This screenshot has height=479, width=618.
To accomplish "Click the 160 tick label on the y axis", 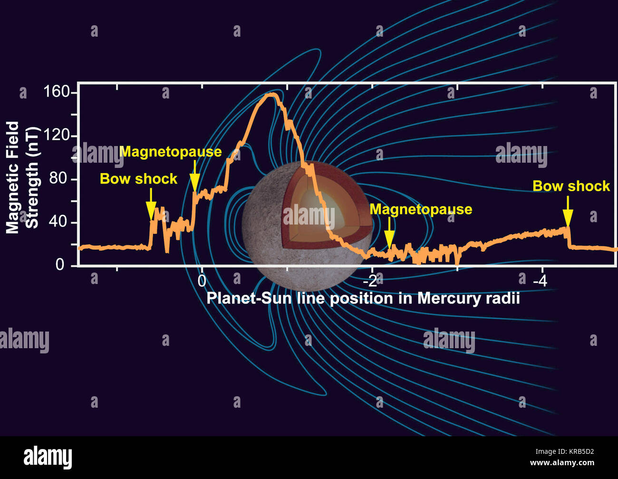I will click(x=57, y=91).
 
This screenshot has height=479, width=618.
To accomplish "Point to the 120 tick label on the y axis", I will click(x=57, y=136).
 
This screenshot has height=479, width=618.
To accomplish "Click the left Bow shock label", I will click(x=138, y=179).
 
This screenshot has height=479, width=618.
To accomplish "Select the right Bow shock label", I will click(x=570, y=186).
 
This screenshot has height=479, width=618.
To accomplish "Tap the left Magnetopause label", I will click(x=171, y=152).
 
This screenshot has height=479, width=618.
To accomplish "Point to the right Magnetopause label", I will click(x=421, y=209).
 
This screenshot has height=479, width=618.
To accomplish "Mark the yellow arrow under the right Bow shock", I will click(x=567, y=212).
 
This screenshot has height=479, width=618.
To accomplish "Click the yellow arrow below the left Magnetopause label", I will click(x=194, y=176).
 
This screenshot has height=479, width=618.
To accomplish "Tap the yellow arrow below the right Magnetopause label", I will click(x=389, y=232).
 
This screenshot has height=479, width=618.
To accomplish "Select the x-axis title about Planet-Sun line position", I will click(x=363, y=298).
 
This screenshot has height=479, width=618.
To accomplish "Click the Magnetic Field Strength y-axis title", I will click(x=22, y=177).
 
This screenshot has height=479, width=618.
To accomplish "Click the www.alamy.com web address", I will click(x=562, y=463).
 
